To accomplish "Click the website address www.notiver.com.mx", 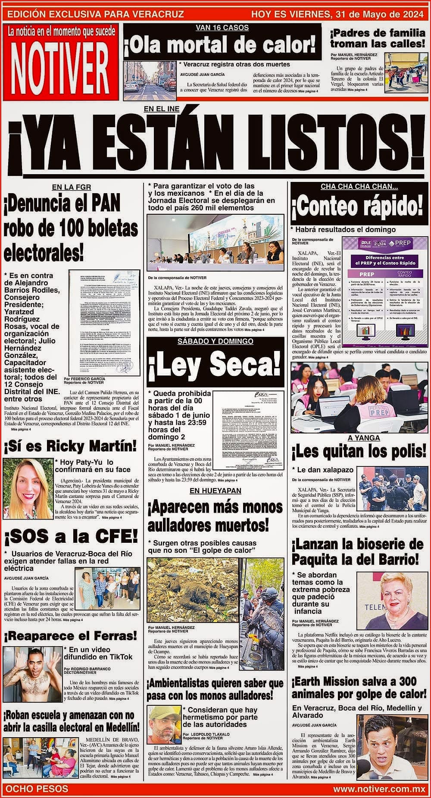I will tap(379, 789).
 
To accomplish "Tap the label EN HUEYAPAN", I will tap(215, 491).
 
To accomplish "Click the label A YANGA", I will tap(358, 438).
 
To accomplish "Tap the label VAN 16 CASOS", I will tap(222, 28).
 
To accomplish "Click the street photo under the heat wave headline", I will tap(149, 78).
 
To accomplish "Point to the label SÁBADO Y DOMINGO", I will tap(215, 341).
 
